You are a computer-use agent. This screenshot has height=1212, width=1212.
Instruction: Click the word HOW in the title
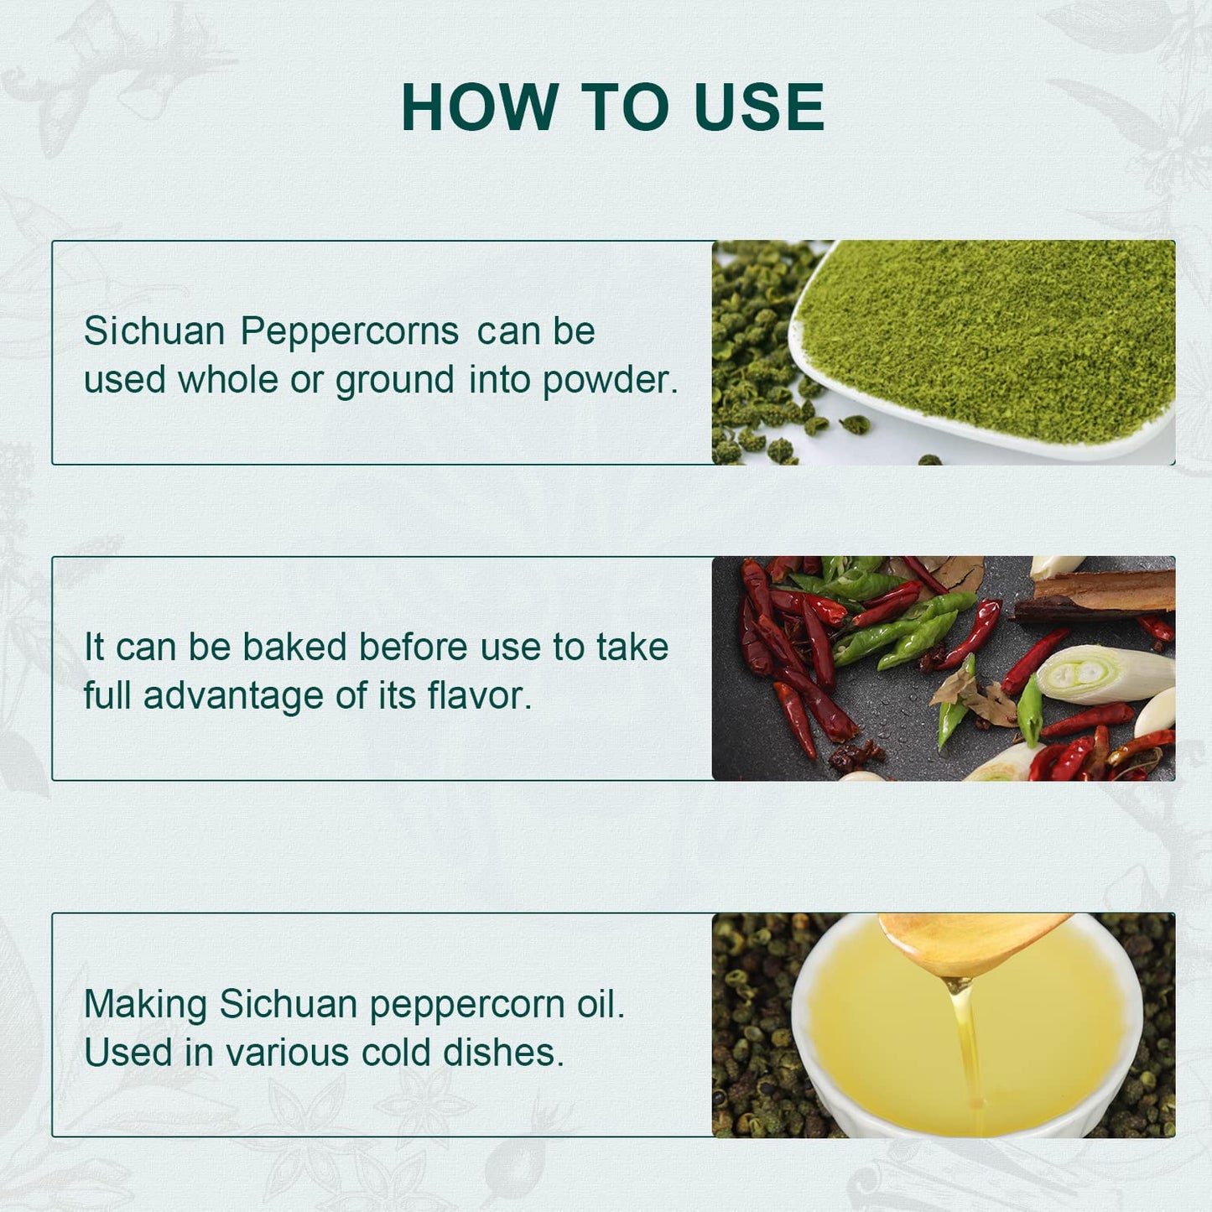[480, 107]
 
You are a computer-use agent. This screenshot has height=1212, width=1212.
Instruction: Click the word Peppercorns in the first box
[350, 332]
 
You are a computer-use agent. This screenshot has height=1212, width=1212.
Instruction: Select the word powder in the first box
[610, 381]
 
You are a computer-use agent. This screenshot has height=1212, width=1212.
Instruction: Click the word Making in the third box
[145, 1005]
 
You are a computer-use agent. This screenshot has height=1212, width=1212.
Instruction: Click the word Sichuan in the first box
[154, 330]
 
